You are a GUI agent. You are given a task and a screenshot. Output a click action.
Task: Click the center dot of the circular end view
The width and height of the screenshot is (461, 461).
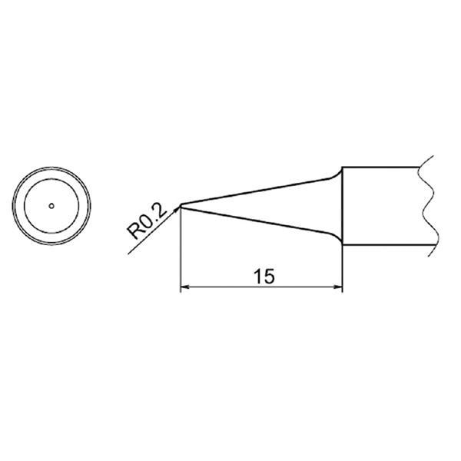point(51,205)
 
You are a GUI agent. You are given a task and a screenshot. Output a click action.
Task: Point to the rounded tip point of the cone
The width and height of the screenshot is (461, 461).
point(180,205)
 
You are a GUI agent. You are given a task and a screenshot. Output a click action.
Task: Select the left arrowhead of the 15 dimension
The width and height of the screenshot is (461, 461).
point(184,290)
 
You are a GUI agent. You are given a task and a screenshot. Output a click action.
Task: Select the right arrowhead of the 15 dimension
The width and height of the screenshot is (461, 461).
point(337,290)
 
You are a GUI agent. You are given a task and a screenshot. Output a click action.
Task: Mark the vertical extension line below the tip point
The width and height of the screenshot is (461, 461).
point(180,254)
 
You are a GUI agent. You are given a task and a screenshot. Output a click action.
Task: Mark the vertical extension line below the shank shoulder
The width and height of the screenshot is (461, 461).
point(342,269)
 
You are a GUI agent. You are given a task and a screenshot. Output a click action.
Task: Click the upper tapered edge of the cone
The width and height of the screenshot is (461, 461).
point(254,192)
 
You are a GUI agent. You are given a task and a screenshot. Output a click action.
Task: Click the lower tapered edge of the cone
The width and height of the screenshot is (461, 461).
point(254,221)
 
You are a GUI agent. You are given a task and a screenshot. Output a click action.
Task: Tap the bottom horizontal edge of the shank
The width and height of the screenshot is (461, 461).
point(380,247)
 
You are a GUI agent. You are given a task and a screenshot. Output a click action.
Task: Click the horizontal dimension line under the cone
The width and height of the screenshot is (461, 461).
point(230,290)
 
